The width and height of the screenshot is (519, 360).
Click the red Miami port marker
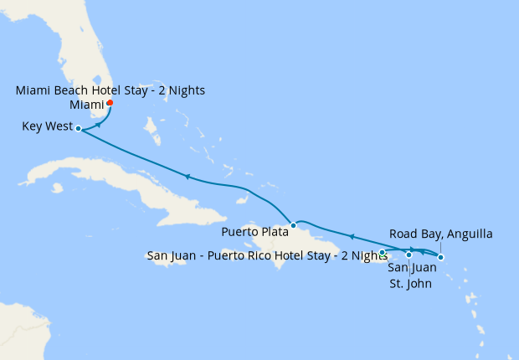[x=110, y=103]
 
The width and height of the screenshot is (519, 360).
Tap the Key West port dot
[x=78, y=129]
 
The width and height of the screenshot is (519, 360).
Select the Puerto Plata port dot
[x=293, y=225]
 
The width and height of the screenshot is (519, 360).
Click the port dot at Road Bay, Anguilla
[x=441, y=257]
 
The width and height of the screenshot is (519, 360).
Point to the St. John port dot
[x=409, y=255]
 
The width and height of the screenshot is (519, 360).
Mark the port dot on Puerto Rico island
[x=382, y=252]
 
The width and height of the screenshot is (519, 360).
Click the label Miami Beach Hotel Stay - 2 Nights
[x=110, y=90]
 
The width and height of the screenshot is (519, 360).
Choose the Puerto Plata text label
[x=254, y=230]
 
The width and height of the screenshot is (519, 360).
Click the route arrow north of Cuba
[x=188, y=177]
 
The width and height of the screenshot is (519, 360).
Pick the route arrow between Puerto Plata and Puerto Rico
[x=351, y=237]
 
